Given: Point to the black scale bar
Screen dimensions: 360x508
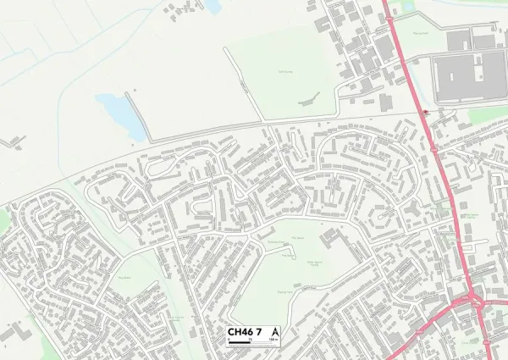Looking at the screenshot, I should point(253,342).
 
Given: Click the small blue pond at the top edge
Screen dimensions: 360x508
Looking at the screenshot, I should point(212,6).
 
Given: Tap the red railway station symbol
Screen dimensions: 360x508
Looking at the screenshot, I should point(424,111).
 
